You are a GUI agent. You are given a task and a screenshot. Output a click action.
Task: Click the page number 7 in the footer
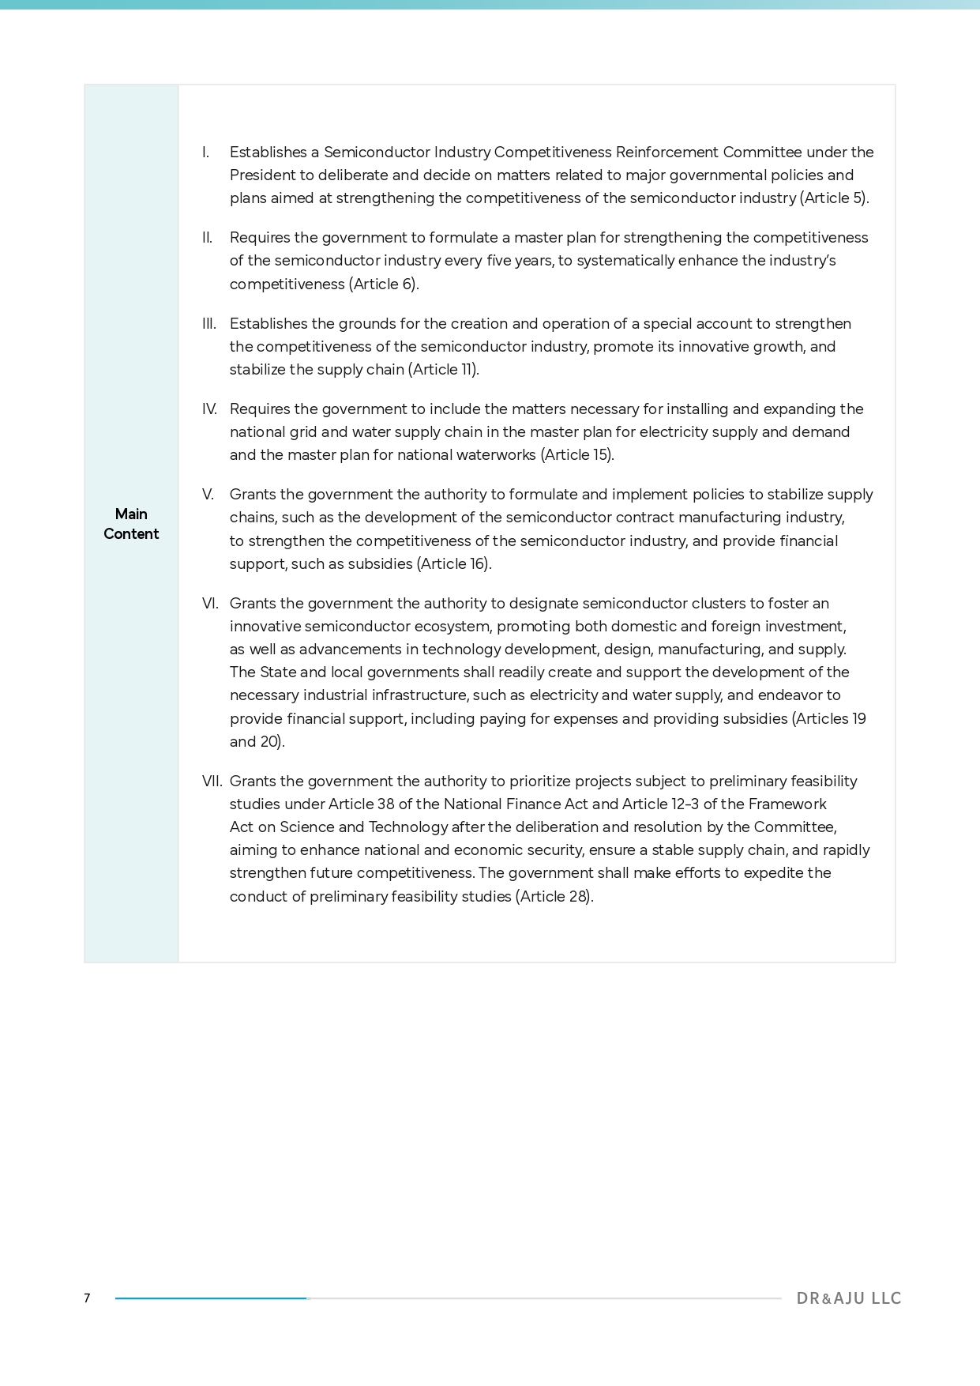pos(87,1298)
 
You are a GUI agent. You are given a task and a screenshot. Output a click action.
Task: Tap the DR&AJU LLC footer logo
pos(848,1298)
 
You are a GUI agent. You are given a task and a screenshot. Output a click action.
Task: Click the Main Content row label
pos(131,524)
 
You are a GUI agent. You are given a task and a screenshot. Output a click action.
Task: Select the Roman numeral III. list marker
pos(209,324)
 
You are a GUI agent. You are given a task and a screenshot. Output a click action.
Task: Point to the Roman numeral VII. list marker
pos(212,782)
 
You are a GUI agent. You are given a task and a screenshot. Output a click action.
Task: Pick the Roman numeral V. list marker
pos(208,495)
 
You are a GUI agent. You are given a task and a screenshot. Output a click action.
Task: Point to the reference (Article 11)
pos(443,370)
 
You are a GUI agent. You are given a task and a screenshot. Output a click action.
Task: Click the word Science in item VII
pos(307,827)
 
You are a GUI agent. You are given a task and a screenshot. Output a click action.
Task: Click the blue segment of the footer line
pos(211,1298)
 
